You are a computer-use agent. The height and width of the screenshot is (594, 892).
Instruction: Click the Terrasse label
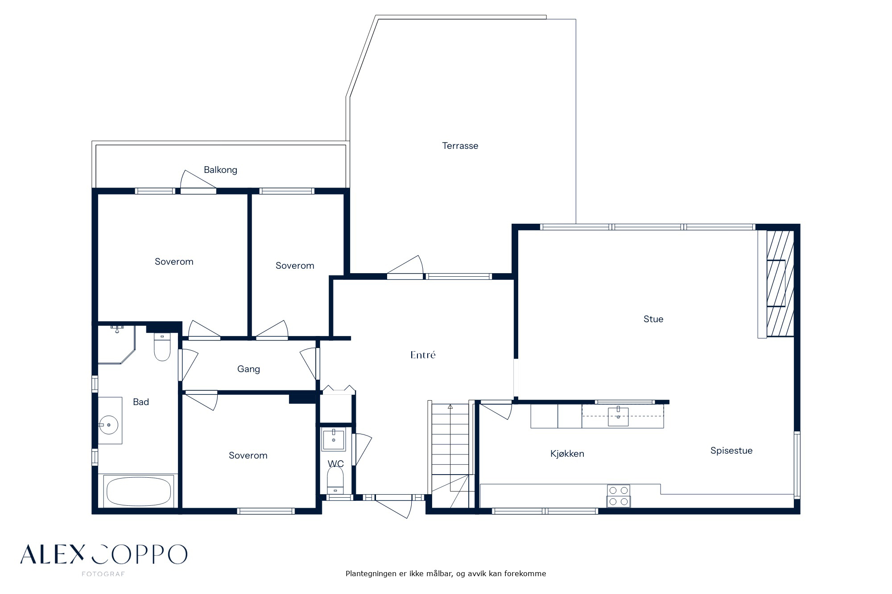[460, 146]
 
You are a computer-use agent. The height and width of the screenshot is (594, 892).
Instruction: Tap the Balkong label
[220, 170]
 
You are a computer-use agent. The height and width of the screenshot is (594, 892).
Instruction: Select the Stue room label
[653, 319]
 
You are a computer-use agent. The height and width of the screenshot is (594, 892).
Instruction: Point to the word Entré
[423, 355]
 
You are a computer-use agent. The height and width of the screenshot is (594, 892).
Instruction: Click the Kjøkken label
[567, 454]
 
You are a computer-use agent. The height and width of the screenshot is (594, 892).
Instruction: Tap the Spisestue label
[731, 451]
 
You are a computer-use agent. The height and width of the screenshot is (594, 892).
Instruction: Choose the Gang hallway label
[248, 369]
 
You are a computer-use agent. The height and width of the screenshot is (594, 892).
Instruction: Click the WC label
[336, 464]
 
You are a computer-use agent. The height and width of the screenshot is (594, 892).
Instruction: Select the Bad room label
[141, 402]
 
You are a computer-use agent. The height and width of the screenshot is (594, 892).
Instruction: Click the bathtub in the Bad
[138, 492]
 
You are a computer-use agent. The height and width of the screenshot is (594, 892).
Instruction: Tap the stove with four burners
[618, 496]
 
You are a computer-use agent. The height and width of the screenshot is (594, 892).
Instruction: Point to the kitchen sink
[618, 416]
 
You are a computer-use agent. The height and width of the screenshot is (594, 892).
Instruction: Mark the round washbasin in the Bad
[108, 425]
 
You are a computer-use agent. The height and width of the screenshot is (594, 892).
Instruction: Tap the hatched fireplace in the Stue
[780, 283]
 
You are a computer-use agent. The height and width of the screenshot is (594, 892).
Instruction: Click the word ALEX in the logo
[52, 554]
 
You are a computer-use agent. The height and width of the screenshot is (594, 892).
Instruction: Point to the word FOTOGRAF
[103, 574]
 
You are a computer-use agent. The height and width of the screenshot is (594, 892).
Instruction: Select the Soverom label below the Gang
[248, 455]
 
